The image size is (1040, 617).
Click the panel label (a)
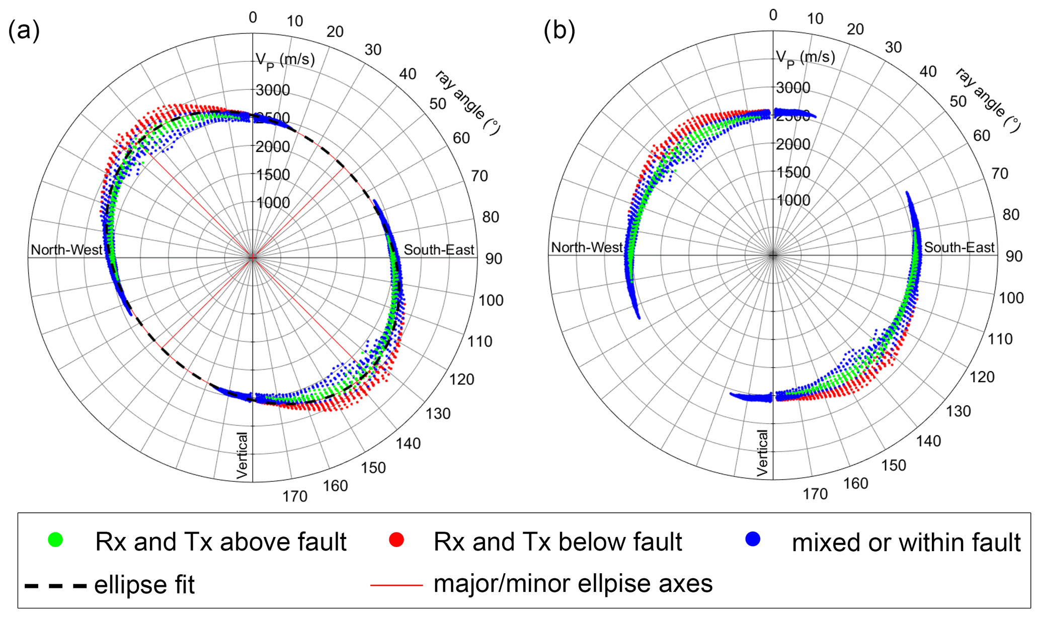coord(24,31)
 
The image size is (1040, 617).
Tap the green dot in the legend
coord(55,540)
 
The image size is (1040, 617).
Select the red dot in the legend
coord(396,540)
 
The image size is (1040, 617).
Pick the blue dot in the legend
coord(753,539)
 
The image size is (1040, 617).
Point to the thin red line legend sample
coord(396,585)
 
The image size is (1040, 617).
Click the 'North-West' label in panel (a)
coord(66,250)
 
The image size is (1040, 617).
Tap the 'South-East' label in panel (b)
coord(959,247)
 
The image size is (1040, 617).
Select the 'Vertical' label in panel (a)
coord(243,455)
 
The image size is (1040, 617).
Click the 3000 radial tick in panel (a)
coord(273,91)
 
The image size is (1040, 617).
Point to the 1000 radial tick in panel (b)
coord(793,201)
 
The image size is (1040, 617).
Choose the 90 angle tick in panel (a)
coord(494,259)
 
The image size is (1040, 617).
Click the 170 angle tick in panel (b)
coord(815,494)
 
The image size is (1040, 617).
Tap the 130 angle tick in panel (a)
coord(438,414)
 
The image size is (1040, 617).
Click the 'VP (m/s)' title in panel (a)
coord(285,60)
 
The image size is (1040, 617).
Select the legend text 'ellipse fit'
coord(144,585)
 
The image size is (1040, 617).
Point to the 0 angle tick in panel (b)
coord(773,15)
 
